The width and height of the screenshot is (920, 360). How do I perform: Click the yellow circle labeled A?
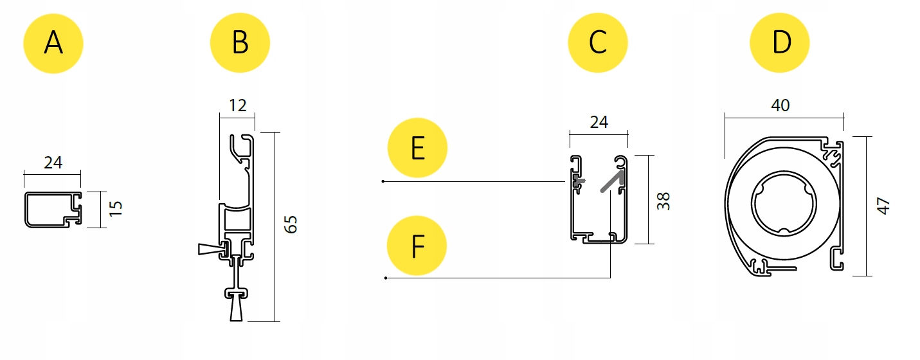(53, 43)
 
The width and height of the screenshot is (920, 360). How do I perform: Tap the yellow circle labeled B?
(240, 43)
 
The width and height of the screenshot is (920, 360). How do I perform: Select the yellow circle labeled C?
(597, 43)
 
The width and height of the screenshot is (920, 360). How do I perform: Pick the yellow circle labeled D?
(780, 43)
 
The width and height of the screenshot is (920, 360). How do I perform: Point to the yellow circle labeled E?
(417, 148)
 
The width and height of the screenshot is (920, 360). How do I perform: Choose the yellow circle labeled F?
(417, 246)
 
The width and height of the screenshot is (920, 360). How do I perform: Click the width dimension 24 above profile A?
(53, 163)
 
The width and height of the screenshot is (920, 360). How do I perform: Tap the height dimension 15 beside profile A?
(115, 209)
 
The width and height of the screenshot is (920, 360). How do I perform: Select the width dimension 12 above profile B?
(237, 105)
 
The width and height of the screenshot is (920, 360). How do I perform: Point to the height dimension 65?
(291, 224)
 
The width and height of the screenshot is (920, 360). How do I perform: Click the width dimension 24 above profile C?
(598, 121)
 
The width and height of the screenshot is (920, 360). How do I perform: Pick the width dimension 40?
(780, 105)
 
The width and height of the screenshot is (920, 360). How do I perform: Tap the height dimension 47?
(883, 206)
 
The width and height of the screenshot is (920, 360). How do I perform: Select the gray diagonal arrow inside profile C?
(611, 181)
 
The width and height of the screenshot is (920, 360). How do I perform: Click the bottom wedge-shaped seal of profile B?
(236, 310)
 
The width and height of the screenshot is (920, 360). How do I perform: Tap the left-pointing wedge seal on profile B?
(210, 249)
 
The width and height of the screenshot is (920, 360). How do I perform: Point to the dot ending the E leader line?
(383, 182)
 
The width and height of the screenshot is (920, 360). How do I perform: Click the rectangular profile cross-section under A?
(53, 209)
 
